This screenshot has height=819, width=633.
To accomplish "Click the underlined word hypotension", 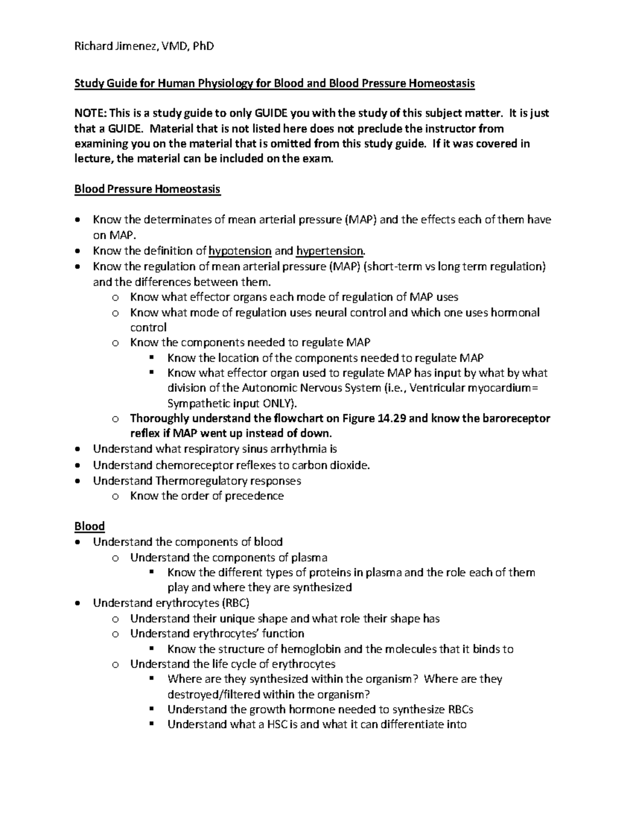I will coord(241,251).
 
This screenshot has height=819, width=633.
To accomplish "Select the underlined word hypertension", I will coord(330,251).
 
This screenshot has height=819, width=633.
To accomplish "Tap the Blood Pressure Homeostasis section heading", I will coord(147,189).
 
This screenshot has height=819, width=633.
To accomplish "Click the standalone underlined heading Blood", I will coord(90,526).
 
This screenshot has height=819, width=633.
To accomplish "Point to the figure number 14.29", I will coord(392,419).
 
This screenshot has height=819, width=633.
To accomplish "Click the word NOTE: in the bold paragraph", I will coord(90,113).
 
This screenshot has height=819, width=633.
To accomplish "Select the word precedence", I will coord(254,496).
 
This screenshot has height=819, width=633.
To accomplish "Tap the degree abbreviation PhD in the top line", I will coord(203,46).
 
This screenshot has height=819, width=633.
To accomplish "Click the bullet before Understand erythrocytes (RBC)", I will coord(78,603).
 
